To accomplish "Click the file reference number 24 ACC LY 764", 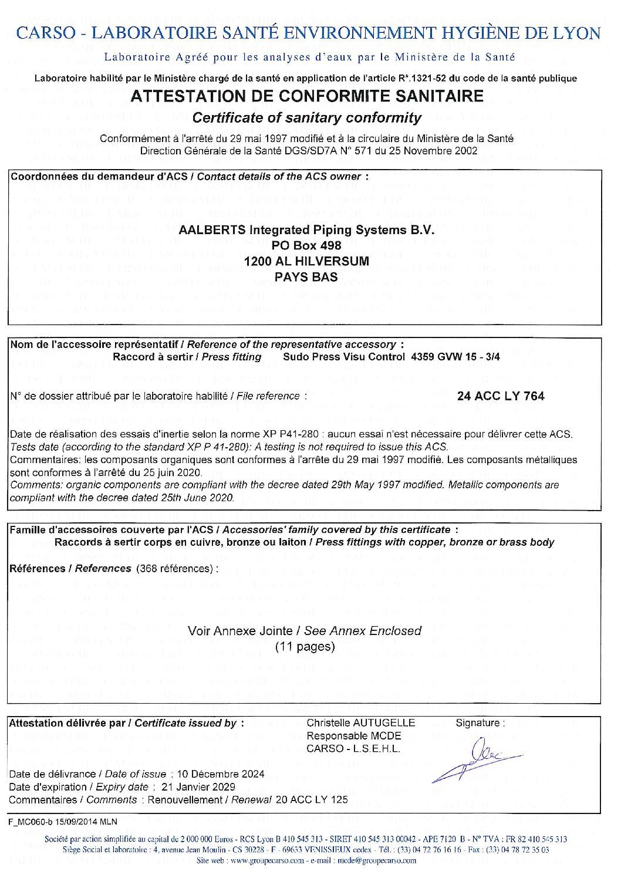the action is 501,396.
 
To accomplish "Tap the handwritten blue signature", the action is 475,757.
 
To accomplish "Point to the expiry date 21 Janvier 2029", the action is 198,786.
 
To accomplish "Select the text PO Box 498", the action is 307,246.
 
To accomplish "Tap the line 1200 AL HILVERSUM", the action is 307,262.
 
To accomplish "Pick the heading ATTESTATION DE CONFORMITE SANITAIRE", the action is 307,96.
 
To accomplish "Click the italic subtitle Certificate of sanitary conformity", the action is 307,117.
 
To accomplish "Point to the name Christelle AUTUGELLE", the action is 360,722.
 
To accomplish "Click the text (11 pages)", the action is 305,647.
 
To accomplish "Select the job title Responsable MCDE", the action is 354,736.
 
